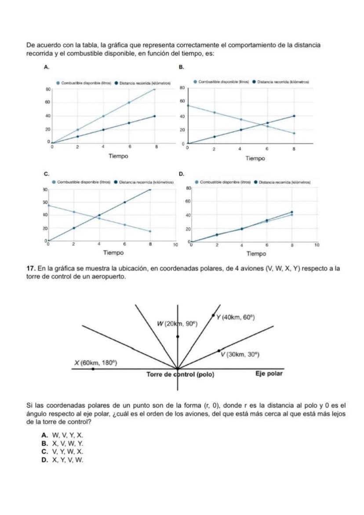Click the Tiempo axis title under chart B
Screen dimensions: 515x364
pyautogui.click(x=255, y=158)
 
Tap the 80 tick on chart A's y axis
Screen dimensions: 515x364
pyautogui.click(x=47, y=89)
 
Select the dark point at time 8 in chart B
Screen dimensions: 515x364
pyautogui.click(x=294, y=116)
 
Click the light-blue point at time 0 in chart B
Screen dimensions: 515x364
pyautogui.click(x=188, y=106)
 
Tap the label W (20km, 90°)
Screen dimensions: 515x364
pyautogui.click(x=178, y=324)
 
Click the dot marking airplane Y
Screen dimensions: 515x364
pyautogui.click(x=214, y=315)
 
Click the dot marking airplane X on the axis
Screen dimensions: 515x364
pyautogui.click(x=93, y=369)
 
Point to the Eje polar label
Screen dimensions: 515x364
pyautogui.click(x=269, y=374)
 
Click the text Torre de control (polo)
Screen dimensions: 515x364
pyautogui.click(x=180, y=375)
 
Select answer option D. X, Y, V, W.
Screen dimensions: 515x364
pyautogui.click(x=62, y=460)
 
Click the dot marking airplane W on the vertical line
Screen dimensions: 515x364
pyautogui.click(x=178, y=337)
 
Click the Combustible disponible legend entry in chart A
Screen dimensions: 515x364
pyautogui.click(x=83, y=83)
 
